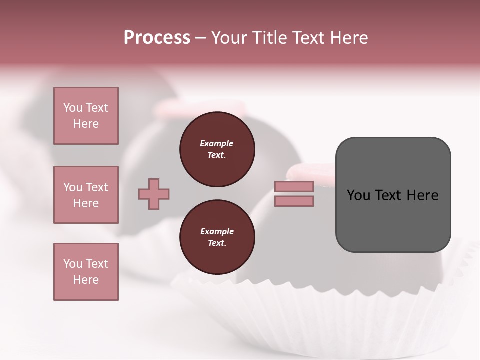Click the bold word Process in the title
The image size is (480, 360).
point(157,38)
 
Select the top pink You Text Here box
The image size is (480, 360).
point(86,116)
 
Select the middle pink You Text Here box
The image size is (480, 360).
point(86,195)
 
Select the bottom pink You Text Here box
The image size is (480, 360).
point(86,271)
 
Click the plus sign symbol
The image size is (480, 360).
point(154,194)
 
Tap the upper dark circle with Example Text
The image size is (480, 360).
point(217,149)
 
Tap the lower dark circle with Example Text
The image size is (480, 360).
point(217,237)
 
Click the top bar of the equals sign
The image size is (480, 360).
point(294,186)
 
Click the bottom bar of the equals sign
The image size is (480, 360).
point(294,201)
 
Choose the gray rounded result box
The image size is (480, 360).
point(393,220)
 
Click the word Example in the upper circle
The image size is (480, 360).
point(217,143)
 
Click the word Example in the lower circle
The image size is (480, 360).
point(217,231)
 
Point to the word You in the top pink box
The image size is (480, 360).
point(72,108)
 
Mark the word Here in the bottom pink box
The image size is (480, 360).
point(86,280)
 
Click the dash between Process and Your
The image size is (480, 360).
point(200,38)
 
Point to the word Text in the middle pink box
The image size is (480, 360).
point(96,187)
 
